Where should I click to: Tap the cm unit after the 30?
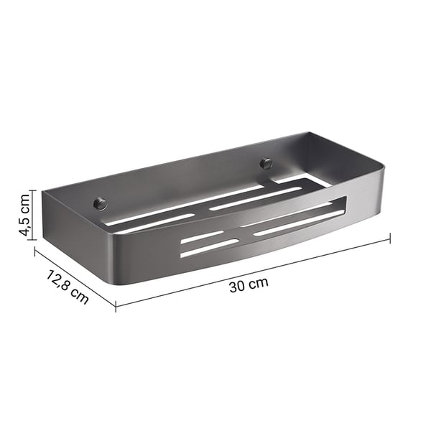tap(259, 282)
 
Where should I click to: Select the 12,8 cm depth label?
tap(67, 287)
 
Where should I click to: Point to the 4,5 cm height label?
tap(24, 214)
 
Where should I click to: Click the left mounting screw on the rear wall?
tap(101, 203)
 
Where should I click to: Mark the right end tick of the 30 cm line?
tap(389, 238)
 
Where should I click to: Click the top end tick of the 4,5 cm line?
tap(32, 191)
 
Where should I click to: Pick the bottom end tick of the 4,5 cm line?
tap(32, 238)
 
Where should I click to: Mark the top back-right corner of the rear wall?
tap(309, 133)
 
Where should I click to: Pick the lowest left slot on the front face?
tap(209, 248)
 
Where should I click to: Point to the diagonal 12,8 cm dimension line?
tap(75, 278)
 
